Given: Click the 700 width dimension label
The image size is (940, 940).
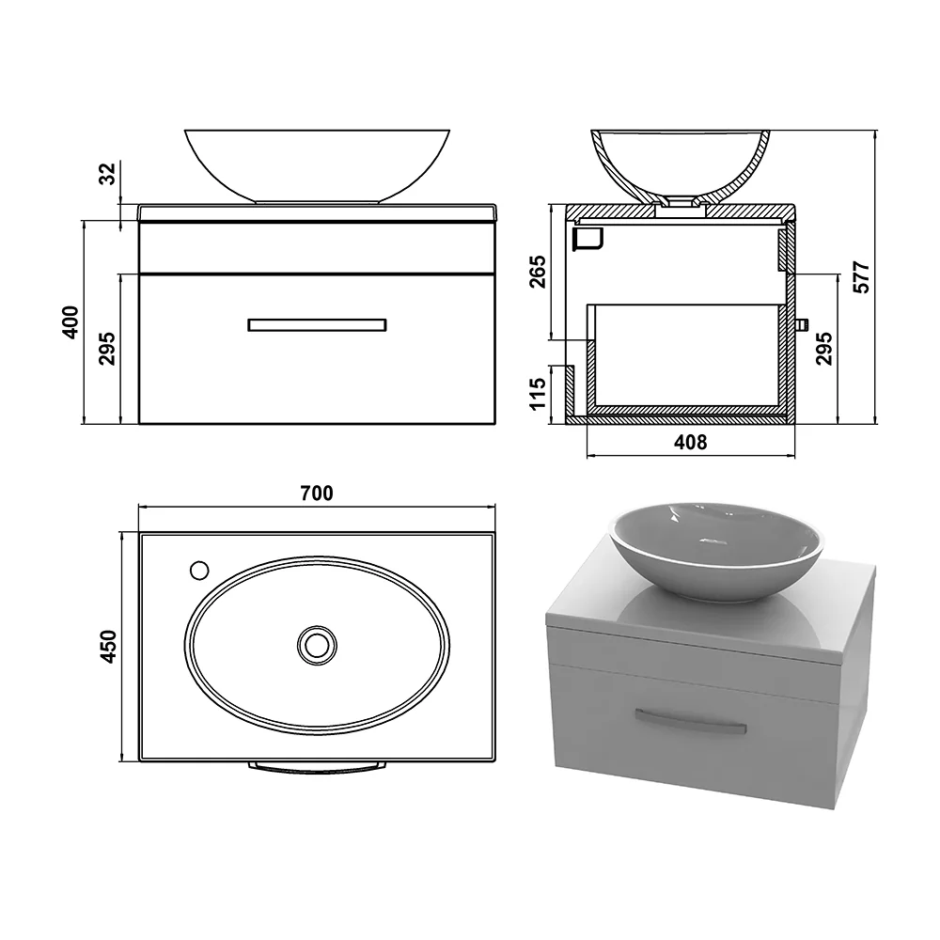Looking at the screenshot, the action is click(x=317, y=493).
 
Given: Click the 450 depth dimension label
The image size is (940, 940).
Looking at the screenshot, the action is click(x=108, y=647).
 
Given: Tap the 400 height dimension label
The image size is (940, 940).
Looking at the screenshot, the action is click(x=70, y=322).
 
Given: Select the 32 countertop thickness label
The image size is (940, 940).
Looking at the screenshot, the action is click(x=107, y=174).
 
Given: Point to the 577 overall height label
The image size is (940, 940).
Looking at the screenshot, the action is click(x=861, y=277).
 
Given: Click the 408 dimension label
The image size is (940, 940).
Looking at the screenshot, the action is click(x=691, y=443).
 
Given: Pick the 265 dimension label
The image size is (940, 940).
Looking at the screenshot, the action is click(x=538, y=272).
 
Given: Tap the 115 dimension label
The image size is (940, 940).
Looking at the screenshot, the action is click(x=538, y=393).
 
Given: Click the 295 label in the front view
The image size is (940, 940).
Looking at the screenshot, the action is click(x=107, y=349).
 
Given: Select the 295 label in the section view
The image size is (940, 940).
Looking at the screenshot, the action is click(x=824, y=349).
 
